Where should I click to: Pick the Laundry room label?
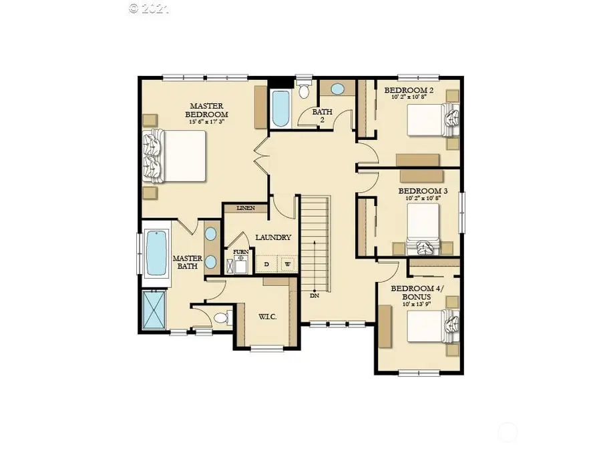[272, 237]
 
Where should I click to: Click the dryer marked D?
[266, 265]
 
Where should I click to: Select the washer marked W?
[287, 265]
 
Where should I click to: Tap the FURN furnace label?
[240, 252]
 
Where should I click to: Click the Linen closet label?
[245, 209]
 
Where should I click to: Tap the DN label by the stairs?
[314, 295]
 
